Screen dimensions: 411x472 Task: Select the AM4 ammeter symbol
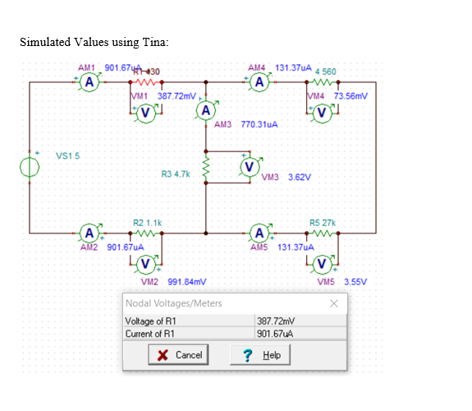(x=259, y=82)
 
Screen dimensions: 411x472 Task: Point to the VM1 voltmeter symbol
(x=144, y=112)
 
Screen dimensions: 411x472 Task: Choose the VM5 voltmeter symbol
(x=322, y=263)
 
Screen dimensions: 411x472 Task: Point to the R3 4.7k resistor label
(x=176, y=174)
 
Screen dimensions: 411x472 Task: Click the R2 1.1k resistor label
(x=148, y=222)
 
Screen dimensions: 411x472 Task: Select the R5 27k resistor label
(x=320, y=222)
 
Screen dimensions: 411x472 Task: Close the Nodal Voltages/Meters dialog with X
(x=333, y=303)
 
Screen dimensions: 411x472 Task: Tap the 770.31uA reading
(x=258, y=126)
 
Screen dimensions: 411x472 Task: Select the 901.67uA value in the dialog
(x=274, y=334)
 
